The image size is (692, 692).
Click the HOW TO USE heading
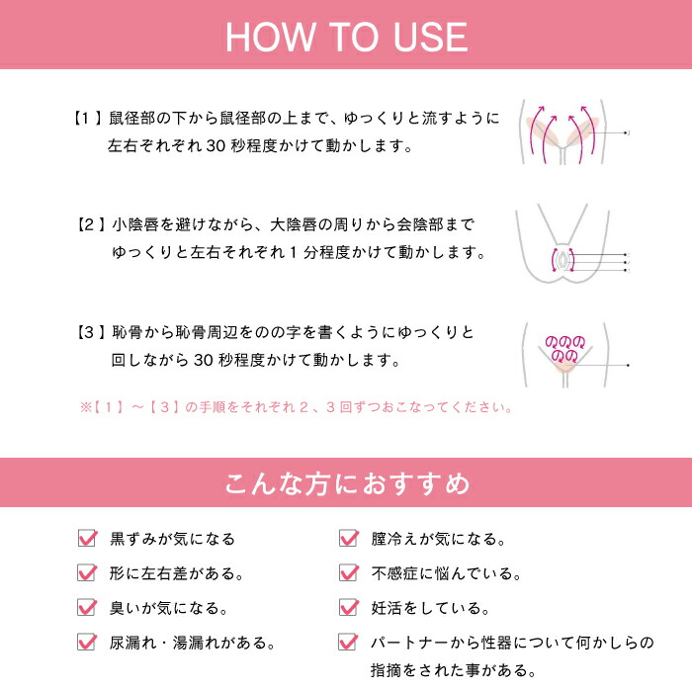coord(346,36)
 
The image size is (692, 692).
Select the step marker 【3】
coord(93,332)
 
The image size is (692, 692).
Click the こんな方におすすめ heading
coord(346,484)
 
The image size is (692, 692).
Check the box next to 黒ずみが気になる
coord(88,539)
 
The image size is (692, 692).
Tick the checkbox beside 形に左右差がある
coord(88,573)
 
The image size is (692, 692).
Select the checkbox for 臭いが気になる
coord(88,607)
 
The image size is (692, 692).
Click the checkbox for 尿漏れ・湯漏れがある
coord(88,642)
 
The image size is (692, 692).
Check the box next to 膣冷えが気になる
coord(348,539)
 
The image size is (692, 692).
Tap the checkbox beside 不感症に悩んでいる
coord(348,573)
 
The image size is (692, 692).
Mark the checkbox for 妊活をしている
coord(348,607)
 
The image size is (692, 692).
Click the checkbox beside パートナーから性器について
coord(348,642)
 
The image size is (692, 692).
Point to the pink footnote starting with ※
coord(297,406)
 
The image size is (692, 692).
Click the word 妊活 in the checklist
coord(389,607)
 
